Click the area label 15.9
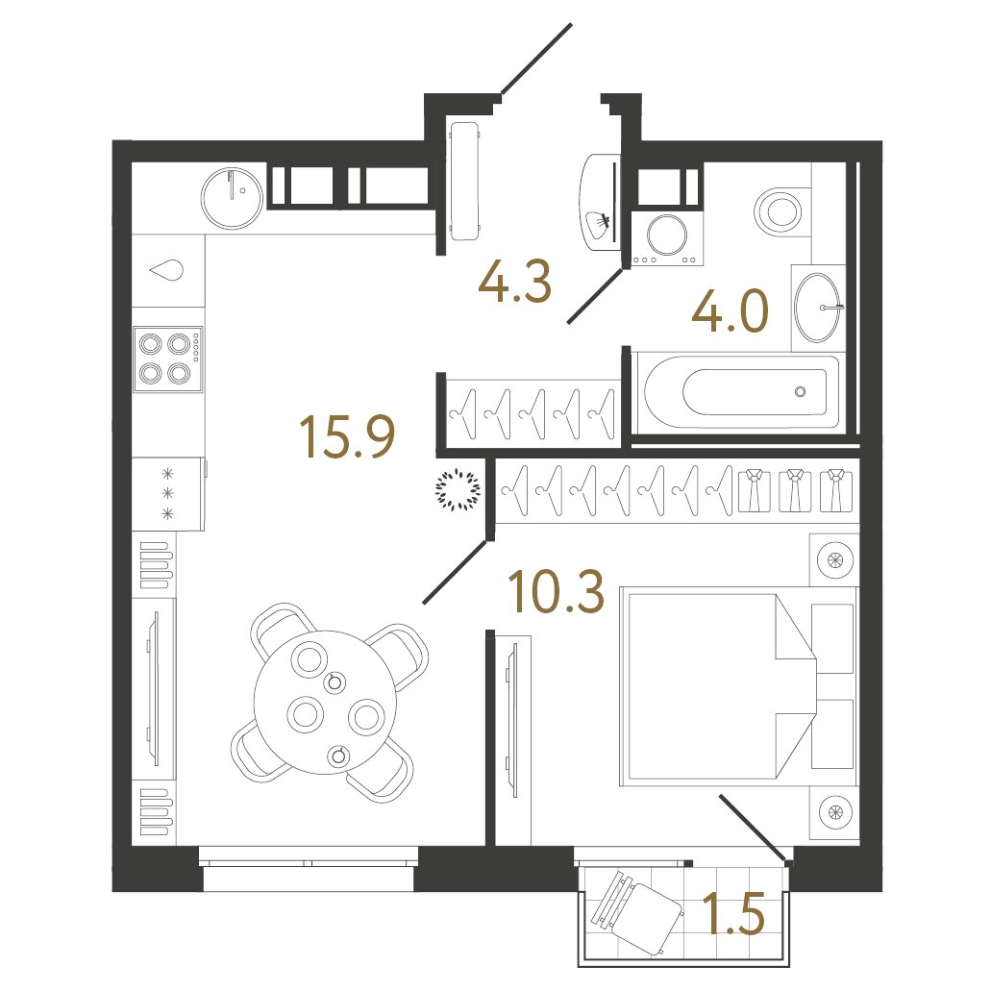pyautogui.click(x=347, y=436)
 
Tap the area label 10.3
pyautogui.click(x=557, y=591)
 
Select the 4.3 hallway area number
pyautogui.click(x=515, y=282)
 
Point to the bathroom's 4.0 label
pyautogui.click(x=730, y=310)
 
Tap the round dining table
pyautogui.click(x=326, y=703)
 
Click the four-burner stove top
pyautogui.click(x=167, y=359)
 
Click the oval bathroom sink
pyautogui.click(x=817, y=308)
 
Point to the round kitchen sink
pyautogui.click(x=232, y=197)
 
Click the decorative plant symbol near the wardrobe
pyautogui.click(x=458, y=489)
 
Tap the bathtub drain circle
pyautogui.click(x=800, y=392)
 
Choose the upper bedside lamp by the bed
pyautogui.click(x=835, y=560)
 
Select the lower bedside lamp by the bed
pyautogui.click(x=835, y=813)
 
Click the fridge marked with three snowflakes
pyautogui.click(x=168, y=494)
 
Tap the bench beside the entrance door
pyautogui.click(x=464, y=181)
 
